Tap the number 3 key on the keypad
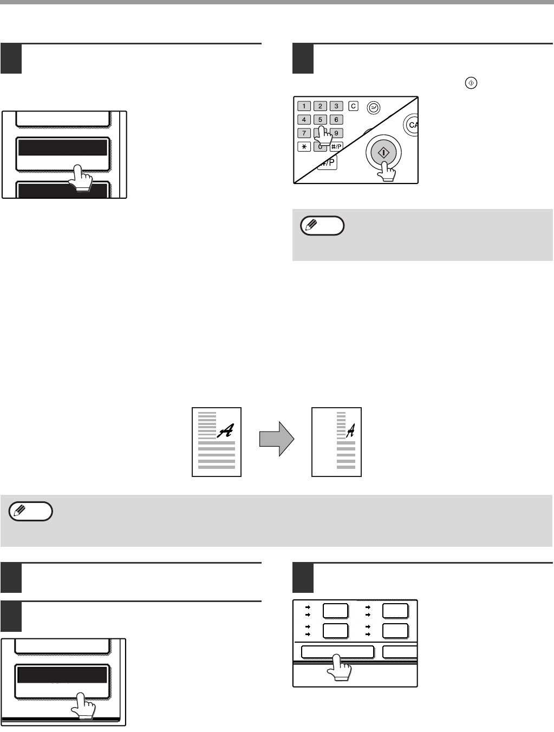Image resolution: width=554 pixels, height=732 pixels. coord(336,106)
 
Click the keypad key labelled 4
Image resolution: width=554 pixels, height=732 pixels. coord(304,120)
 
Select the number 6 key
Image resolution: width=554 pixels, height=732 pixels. coord(336,120)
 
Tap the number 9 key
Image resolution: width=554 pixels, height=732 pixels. coord(336,133)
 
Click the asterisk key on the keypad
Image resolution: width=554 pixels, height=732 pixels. coord(304,147)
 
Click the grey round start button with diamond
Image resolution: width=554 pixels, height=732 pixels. coord(383,153)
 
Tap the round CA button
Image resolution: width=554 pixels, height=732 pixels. coord(411,125)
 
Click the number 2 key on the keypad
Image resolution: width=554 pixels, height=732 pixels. coord(320,106)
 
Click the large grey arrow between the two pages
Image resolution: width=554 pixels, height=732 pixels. coord(277,439)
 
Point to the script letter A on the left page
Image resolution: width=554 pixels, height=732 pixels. coord(225,430)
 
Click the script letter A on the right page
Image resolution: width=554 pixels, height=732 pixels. coord(350,430)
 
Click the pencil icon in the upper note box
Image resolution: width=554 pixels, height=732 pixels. coord(311,225)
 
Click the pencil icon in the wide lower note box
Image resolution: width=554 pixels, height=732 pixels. coord(19,510)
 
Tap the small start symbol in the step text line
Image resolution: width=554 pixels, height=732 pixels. coord(471,83)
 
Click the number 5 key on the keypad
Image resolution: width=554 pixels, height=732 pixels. coord(320,120)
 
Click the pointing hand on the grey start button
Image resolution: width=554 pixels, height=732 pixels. coord(387,172)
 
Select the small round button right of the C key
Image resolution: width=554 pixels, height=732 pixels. coord(374,108)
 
